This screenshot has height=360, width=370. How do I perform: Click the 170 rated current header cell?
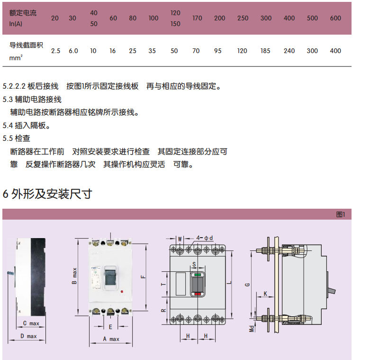tap(197, 18)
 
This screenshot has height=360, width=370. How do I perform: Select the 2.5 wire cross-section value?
tap(56, 51)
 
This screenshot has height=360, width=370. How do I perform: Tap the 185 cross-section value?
tap(265, 51)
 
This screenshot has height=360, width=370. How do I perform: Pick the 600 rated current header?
tap(335, 18)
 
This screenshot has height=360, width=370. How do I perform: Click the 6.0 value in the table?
tap(73, 51)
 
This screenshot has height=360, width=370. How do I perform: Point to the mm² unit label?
tap(16, 58)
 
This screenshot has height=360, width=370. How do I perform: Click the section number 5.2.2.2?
tap(14, 86)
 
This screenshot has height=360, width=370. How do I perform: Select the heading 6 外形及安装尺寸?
tap(47, 194)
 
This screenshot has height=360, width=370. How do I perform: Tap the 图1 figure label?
tap(341, 214)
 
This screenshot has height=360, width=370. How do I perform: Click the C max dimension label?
tap(31, 323)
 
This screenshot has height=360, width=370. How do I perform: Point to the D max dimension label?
tap(28, 336)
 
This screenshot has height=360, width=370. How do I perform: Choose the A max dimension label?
tap(111, 339)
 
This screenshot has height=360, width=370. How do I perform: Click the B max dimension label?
tap(74, 276)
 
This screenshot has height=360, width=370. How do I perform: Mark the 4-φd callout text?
tap(205, 238)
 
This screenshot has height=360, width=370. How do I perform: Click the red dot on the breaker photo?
tap(122, 292)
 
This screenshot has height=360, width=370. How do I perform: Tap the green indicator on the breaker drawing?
tap(198, 275)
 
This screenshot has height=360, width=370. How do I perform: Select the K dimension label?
tap(265, 294)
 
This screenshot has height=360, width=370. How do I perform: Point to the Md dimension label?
tap(252, 329)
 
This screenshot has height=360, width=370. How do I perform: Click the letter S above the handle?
tap(194, 264)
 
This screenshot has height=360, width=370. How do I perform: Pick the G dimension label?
tap(247, 285)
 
